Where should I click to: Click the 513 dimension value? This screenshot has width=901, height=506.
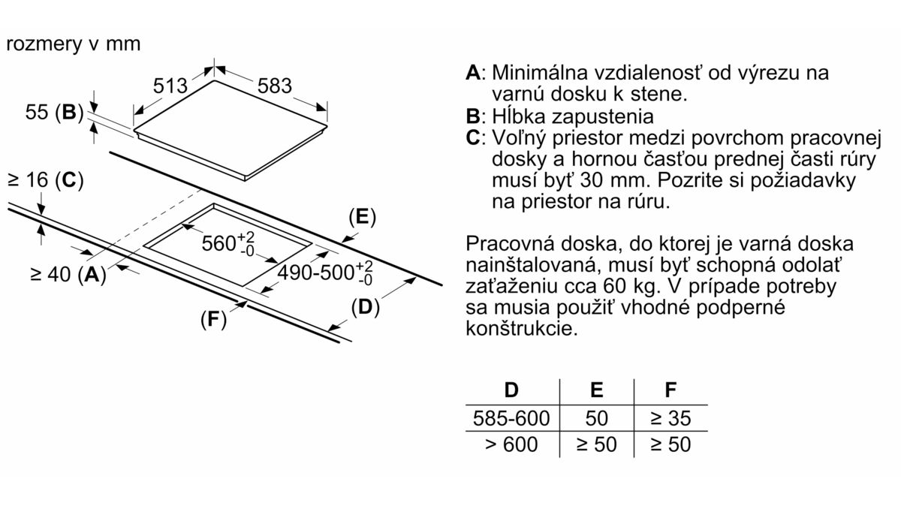(x=170, y=86)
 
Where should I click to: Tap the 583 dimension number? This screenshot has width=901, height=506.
(x=274, y=86)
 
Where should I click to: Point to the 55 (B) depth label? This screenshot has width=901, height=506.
(x=54, y=112)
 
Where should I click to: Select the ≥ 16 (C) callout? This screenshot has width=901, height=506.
(x=46, y=179)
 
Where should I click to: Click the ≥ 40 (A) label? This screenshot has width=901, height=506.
(x=68, y=274)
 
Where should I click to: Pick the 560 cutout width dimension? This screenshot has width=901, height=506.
(x=228, y=242)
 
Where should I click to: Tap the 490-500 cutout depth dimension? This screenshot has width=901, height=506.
(x=325, y=273)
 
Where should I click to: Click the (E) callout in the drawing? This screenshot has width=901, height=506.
(x=362, y=217)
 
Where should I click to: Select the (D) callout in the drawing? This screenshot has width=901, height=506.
(x=365, y=307)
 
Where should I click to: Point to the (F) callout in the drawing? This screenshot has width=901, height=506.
(x=213, y=320)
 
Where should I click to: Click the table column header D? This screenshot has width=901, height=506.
(x=511, y=390)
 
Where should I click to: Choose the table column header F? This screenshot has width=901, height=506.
(x=670, y=390)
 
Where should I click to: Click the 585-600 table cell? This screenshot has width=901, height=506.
(x=511, y=418)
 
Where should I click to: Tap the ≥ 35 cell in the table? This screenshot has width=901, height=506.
(x=670, y=418)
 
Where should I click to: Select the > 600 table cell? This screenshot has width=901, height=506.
(x=511, y=444)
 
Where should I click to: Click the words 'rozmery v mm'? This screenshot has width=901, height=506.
(x=74, y=44)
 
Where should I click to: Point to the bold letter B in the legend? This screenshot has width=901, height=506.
(x=472, y=116)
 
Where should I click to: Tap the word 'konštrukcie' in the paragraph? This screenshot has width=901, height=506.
(x=522, y=329)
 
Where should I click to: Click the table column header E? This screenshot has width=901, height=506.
(x=596, y=390)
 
